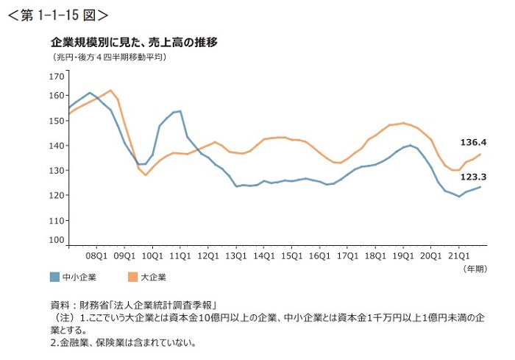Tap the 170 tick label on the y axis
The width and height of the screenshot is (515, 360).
[x=56, y=77]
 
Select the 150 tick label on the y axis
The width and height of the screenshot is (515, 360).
[x=56, y=120]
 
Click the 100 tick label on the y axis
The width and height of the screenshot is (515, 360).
[x=56, y=240]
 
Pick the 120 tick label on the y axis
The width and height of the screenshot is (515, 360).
[x=56, y=195]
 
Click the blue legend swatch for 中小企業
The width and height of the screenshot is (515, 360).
[x=54, y=277]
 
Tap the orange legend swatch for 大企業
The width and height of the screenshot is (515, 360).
[x=132, y=277]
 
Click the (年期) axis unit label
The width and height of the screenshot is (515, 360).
[x=475, y=269]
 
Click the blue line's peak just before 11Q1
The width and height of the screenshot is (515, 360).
[x=180, y=111]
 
